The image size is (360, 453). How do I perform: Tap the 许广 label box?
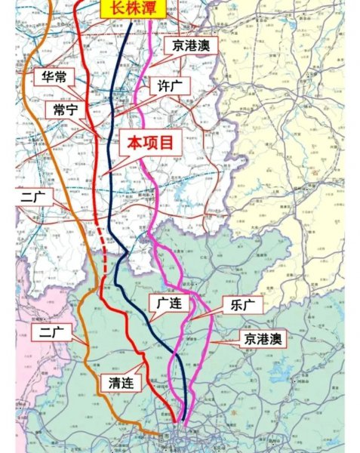168,85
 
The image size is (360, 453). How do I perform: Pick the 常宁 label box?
66,109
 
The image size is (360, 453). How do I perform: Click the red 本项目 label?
150,141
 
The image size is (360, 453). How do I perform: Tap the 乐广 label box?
239,306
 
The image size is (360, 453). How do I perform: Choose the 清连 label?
122,383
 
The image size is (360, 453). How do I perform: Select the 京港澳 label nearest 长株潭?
191,45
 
